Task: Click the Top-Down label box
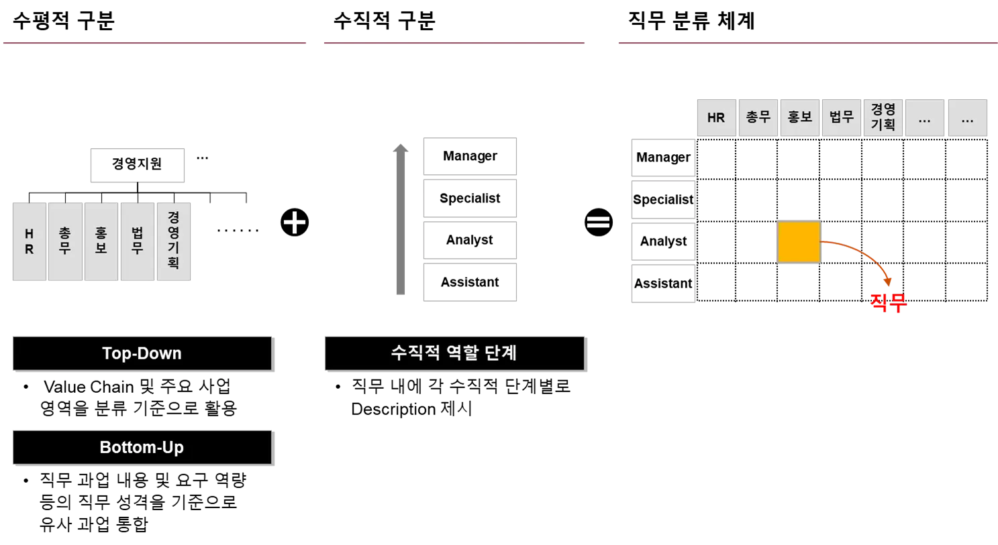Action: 142,353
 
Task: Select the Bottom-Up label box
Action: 142,447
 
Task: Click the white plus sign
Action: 295,223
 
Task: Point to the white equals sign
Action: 598,222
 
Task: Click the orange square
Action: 799,243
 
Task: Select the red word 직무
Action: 887,303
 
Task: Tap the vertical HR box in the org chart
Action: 30,241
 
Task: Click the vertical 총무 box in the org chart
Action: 65,241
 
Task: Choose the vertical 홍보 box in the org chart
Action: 101,241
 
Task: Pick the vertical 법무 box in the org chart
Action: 138,241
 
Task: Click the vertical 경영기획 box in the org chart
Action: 174,241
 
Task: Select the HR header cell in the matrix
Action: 716,118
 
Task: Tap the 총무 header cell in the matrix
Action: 758,118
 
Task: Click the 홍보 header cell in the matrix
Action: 800,118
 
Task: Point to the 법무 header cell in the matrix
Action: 842,118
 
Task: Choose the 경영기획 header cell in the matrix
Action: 883,118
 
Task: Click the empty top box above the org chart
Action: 137,164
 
